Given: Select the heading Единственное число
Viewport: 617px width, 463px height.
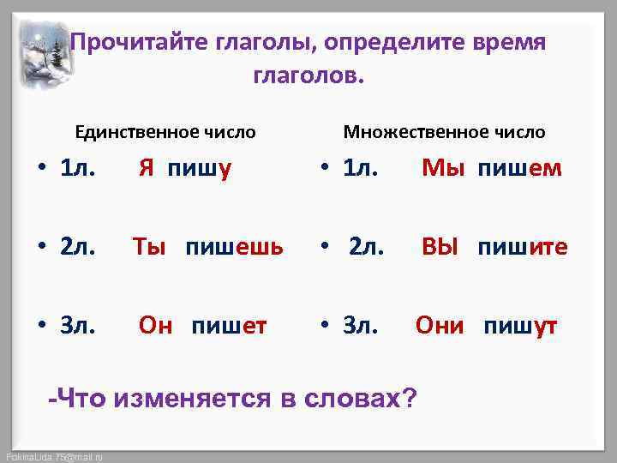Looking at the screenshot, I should pos(165,132).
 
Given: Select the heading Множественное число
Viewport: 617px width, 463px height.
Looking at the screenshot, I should pos(444,132).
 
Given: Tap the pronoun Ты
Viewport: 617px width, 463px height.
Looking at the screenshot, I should pos(148,248).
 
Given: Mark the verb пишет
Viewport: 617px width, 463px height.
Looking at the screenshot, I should pos(229,326).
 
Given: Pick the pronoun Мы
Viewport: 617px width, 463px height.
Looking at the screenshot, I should pos(438,169).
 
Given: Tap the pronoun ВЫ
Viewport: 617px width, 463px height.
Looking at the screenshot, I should pos(440,248).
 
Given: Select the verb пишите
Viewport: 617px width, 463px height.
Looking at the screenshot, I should pos(523,248).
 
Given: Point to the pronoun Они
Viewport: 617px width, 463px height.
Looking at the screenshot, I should pos(440,326).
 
